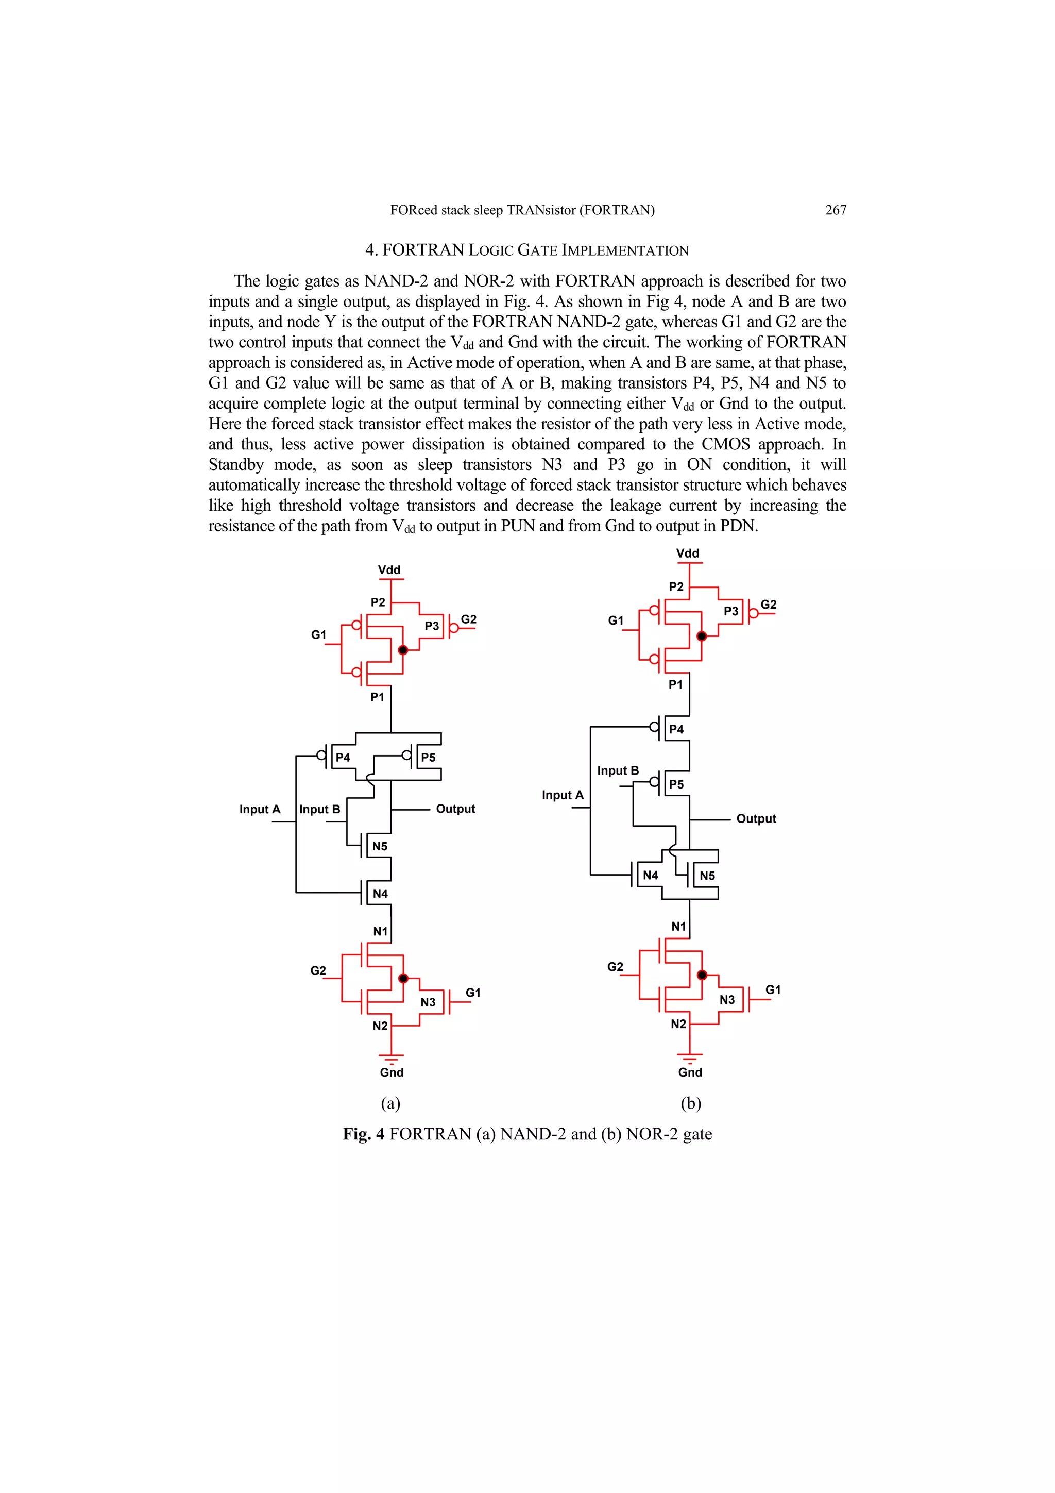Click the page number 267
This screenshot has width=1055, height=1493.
(835, 210)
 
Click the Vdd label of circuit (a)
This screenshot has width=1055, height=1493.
(389, 571)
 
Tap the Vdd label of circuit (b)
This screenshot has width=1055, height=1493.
(687, 553)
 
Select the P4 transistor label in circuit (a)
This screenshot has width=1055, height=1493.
(343, 758)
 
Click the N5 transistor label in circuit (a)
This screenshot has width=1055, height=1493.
(380, 846)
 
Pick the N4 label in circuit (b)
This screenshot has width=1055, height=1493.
(650, 875)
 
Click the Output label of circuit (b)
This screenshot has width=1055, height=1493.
(756, 819)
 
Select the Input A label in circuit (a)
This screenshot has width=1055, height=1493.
(259, 810)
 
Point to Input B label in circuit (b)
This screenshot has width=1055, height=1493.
(618, 770)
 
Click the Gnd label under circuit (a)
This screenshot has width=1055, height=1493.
(392, 1072)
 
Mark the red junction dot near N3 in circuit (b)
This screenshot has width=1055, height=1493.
(702, 975)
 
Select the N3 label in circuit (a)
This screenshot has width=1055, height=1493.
(428, 1002)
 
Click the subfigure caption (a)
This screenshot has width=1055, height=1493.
(390, 1103)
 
